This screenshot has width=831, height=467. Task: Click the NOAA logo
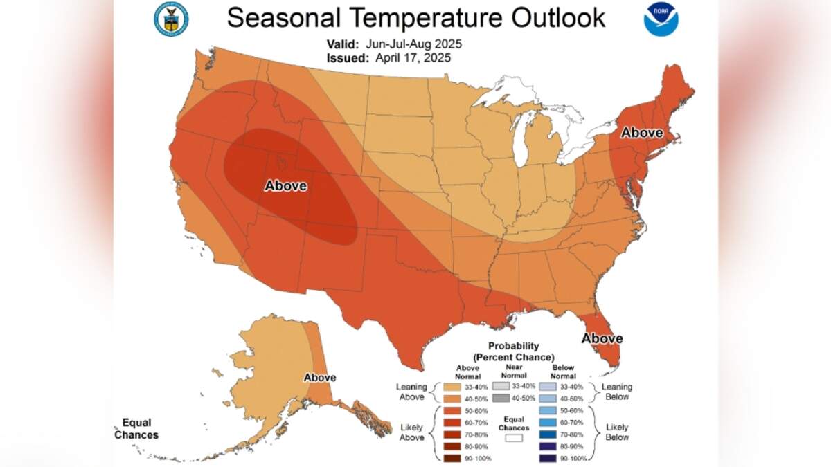[661, 19]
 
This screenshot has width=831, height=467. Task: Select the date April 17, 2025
[412, 59]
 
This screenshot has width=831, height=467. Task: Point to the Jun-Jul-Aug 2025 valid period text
[414, 44]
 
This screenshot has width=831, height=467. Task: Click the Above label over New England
[641, 132]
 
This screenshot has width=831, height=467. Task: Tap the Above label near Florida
[602, 338]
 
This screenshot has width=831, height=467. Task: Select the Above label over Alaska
[320, 378]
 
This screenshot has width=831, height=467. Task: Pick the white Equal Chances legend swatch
[513, 437]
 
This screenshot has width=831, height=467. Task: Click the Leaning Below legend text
[617, 392]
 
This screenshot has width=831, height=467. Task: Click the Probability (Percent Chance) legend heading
[513, 351]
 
